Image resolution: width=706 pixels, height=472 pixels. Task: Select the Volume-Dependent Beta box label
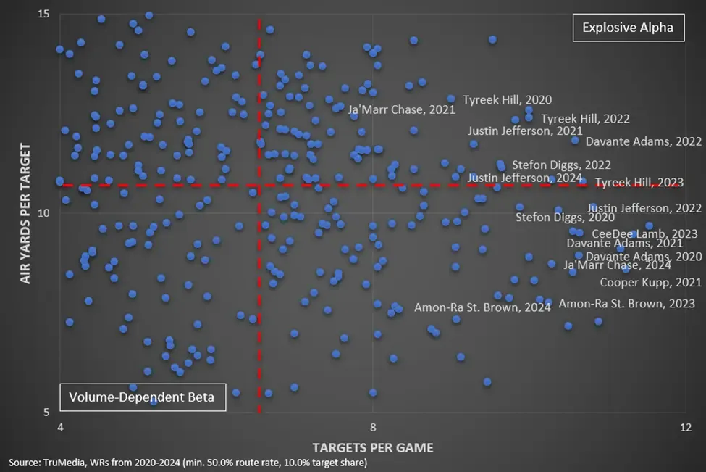point(142,397)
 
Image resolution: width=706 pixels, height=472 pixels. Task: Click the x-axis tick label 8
point(373,426)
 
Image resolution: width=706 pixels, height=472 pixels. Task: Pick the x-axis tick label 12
point(685,426)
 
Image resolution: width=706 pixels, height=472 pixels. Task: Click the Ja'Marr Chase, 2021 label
point(402,110)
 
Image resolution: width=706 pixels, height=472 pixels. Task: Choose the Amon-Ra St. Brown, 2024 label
point(482,307)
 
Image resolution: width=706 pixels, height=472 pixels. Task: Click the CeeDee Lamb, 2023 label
point(644,233)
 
